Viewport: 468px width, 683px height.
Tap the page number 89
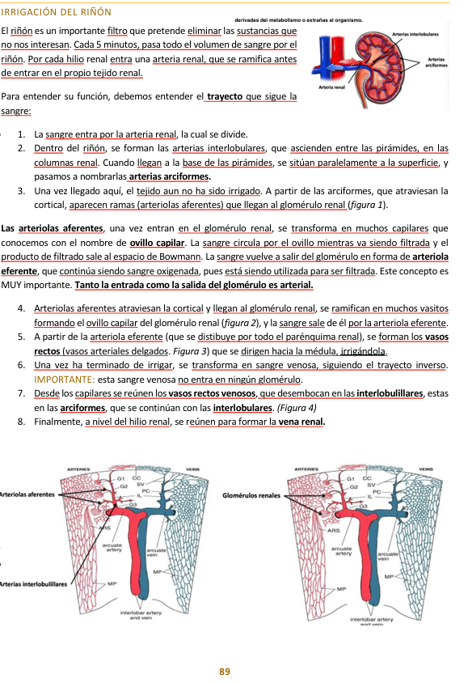click(x=225, y=672)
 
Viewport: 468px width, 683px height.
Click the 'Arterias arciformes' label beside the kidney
click(x=436, y=63)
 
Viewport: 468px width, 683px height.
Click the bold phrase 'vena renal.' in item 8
click(x=301, y=422)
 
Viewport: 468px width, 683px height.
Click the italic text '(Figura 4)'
click(x=297, y=408)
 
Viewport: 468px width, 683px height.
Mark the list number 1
click(x=19, y=134)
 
